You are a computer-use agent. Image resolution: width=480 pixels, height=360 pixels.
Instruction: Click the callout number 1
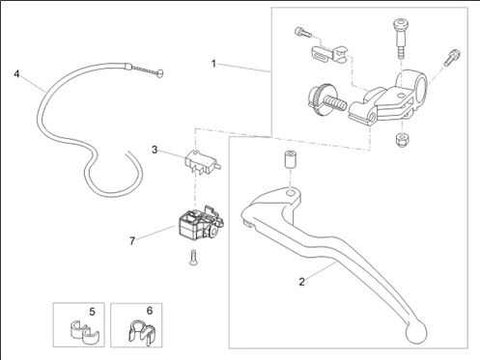point(213,64)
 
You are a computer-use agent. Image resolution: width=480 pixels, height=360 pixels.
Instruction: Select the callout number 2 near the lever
point(301,282)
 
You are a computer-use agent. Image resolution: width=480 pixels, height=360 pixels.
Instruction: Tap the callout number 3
point(155,150)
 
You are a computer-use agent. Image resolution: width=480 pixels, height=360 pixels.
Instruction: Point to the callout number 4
point(16,74)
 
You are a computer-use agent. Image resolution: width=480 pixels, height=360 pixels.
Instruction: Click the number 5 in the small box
point(93,312)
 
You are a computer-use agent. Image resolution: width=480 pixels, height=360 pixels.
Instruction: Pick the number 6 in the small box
point(150,311)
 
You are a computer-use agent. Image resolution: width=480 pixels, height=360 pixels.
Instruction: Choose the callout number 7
point(132,241)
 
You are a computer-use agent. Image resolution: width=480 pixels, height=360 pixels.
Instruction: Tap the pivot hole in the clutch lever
point(290,193)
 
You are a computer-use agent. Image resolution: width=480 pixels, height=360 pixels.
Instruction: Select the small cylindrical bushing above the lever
point(290,158)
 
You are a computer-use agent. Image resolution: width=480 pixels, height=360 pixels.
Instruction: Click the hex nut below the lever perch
point(402,140)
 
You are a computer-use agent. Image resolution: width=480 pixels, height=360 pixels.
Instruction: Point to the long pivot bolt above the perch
point(401,39)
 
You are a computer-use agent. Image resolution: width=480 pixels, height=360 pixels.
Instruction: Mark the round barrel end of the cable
point(159,74)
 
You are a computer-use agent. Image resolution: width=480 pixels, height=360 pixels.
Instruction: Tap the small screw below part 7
point(193,258)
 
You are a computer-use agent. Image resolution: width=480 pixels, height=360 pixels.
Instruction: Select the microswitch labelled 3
point(202,163)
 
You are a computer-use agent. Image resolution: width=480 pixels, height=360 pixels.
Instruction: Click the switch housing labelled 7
point(201,224)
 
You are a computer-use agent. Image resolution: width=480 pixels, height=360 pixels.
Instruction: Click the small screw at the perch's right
point(452,57)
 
